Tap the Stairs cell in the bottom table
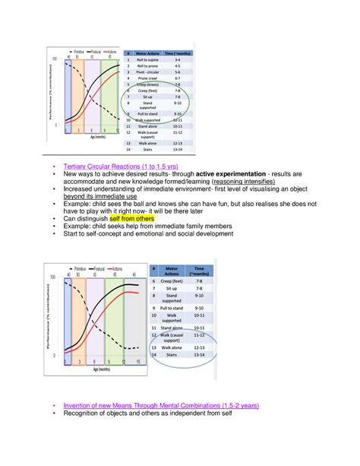click(174, 354)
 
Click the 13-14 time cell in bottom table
click(200, 354)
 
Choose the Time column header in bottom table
click(200, 272)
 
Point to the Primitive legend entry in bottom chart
click(76, 269)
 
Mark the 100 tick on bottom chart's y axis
click(53, 277)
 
